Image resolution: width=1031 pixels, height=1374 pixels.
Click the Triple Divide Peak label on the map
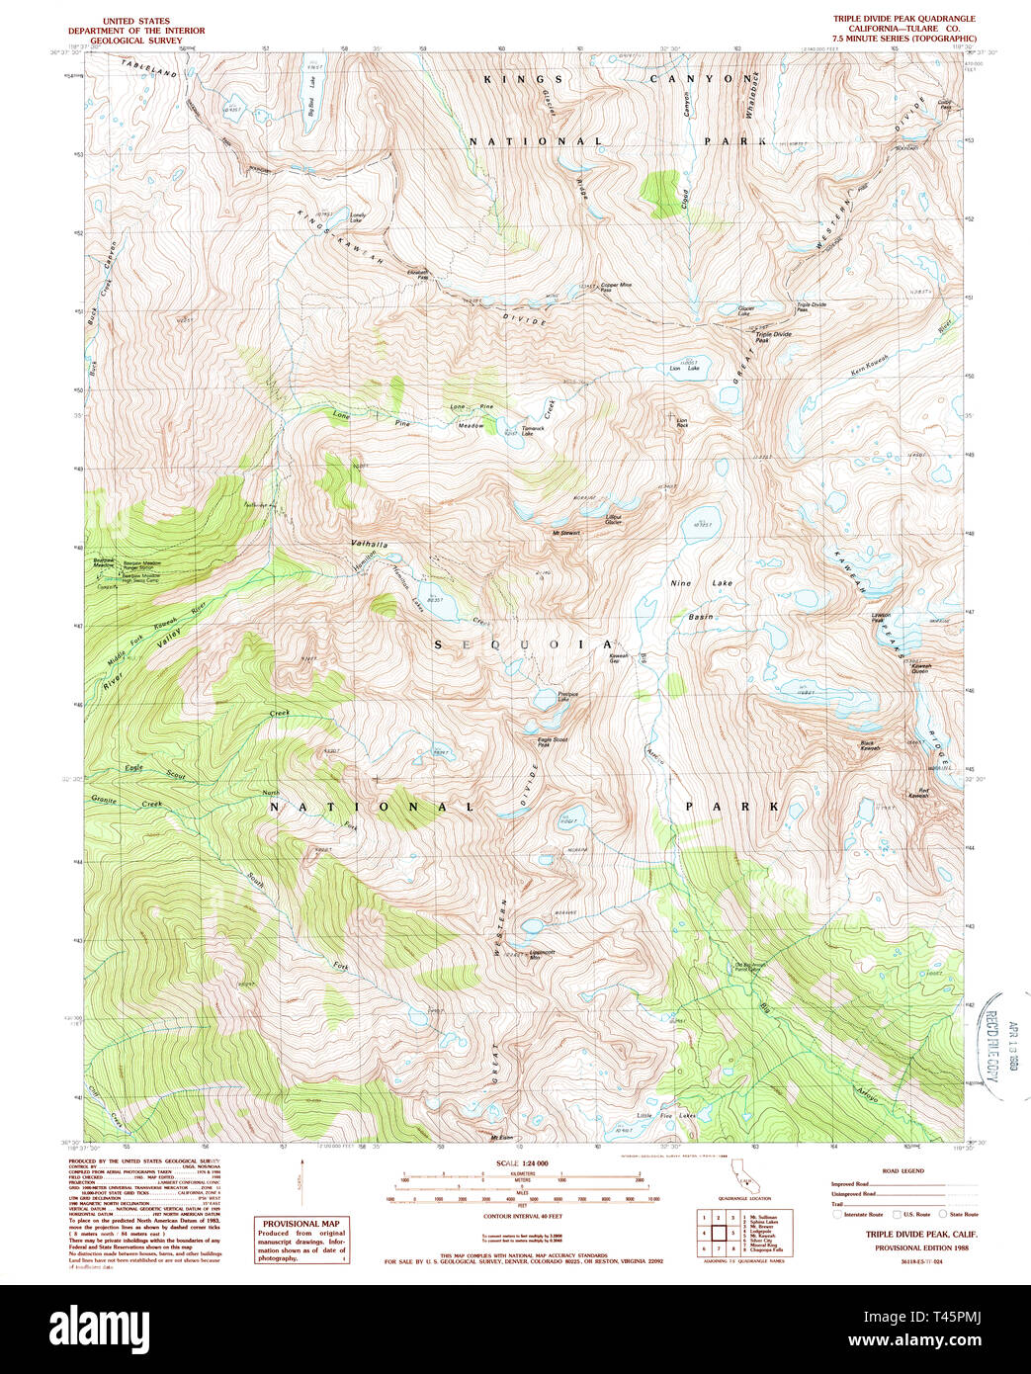point(773,337)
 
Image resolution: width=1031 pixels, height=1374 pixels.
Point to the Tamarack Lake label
point(533,430)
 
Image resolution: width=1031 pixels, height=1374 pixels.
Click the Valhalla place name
point(370,546)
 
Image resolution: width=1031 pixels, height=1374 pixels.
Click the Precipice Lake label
point(567,696)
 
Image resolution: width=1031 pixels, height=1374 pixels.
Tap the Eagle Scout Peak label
point(552,742)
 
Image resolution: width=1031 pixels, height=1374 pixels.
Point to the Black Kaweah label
point(869,745)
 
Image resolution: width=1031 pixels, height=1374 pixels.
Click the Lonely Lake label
point(357,217)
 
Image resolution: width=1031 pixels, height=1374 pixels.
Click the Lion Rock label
point(681,422)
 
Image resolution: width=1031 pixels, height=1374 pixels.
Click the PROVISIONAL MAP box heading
point(293,1224)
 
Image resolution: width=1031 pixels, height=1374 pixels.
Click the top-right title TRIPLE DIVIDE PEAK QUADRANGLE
point(903,19)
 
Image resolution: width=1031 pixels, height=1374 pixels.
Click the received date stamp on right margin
point(989,1034)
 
